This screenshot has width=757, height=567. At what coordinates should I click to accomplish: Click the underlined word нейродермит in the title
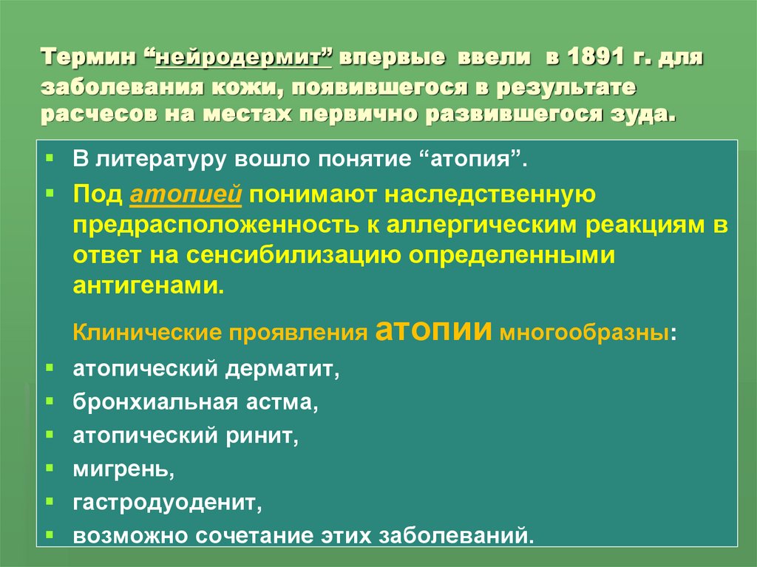[x=244, y=58]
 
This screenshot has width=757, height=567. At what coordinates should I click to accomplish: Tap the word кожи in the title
[x=241, y=88]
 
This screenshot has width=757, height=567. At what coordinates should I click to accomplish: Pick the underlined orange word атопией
[x=186, y=195]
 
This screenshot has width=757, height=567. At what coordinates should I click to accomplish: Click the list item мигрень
[x=123, y=469]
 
